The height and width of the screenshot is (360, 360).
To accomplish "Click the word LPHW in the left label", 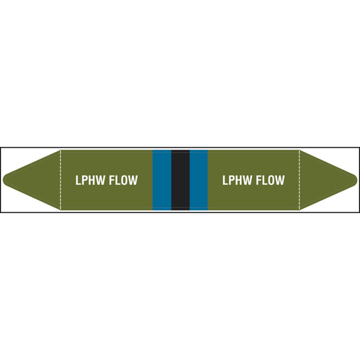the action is [x=87, y=180].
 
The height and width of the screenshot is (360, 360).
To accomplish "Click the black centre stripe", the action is [x=181, y=180].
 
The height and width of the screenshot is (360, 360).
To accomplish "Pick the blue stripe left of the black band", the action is [x=162, y=180].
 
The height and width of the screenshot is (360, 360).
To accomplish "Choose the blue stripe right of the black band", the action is [x=199, y=180].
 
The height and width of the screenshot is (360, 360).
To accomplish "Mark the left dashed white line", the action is [x=60, y=180].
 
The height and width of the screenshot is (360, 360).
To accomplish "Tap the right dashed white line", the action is [x=300, y=180].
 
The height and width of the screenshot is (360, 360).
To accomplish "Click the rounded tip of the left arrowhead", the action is [x=4, y=180].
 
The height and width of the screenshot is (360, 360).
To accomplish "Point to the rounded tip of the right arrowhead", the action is [x=356, y=180].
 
